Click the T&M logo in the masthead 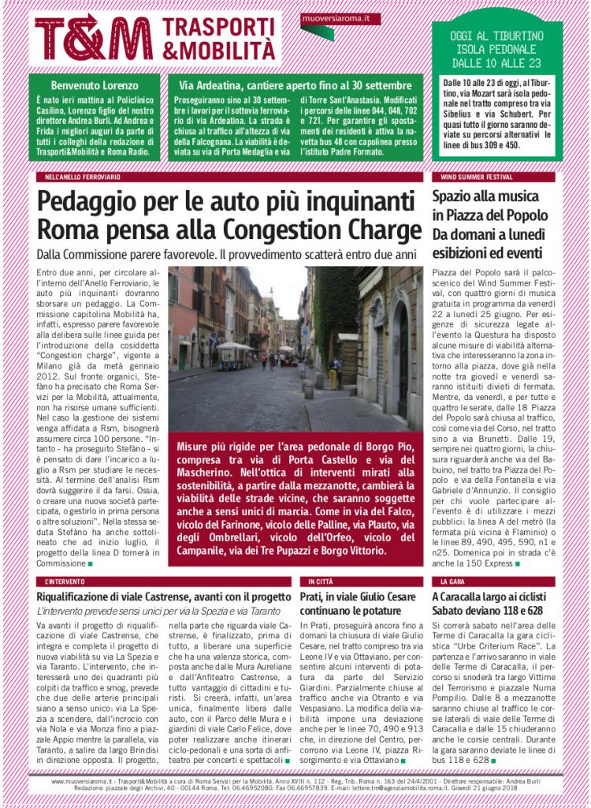tap(94, 36)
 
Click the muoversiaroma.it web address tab tap(331, 17)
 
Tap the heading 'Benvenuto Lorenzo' tap(95, 84)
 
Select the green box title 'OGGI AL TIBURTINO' tap(496, 36)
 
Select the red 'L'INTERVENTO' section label tap(65, 581)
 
